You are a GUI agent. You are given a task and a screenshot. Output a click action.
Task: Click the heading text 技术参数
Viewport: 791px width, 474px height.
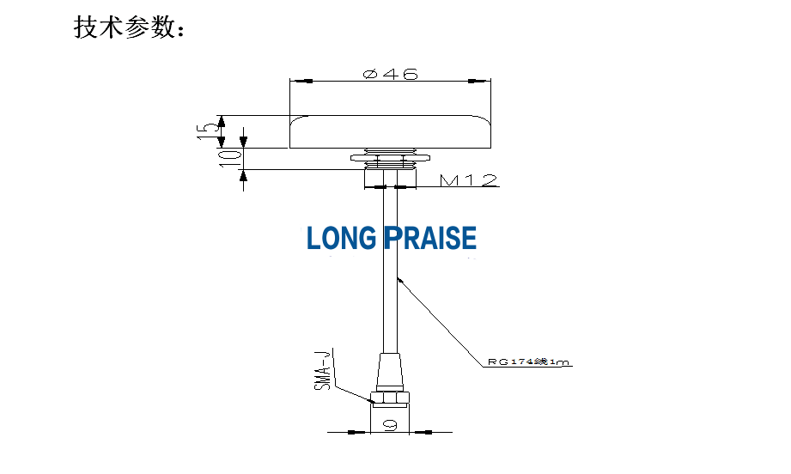tap(129, 27)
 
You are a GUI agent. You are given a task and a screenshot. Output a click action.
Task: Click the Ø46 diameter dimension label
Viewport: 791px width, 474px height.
tap(391, 75)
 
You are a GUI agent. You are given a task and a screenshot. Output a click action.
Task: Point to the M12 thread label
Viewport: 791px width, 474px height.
tap(468, 180)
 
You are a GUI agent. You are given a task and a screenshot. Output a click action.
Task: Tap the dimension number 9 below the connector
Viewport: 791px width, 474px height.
tap(390, 423)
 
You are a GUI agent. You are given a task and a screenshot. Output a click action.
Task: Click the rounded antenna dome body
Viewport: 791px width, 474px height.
tap(391, 131)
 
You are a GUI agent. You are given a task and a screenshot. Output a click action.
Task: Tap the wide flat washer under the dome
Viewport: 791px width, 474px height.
tap(391, 158)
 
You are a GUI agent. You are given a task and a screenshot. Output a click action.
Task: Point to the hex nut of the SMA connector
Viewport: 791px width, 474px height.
tap(391, 398)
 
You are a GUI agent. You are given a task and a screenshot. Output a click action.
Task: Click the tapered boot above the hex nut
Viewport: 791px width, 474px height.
tap(391, 372)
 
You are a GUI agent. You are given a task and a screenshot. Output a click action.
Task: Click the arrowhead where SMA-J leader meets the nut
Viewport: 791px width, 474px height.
tap(367, 396)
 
